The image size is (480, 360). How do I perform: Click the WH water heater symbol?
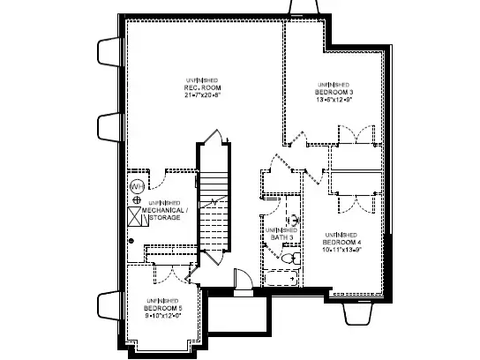(x=137, y=186)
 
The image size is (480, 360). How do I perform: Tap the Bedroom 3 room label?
(x=334, y=93)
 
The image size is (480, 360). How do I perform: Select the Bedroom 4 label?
(x=343, y=241)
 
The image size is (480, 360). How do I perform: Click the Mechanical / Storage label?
(x=166, y=212)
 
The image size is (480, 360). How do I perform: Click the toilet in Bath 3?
(x=289, y=258)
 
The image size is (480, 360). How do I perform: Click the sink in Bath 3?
(x=295, y=217)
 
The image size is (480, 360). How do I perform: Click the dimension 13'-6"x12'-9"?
(x=334, y=100)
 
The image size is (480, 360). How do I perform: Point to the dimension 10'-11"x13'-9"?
(x=343, y=248)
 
